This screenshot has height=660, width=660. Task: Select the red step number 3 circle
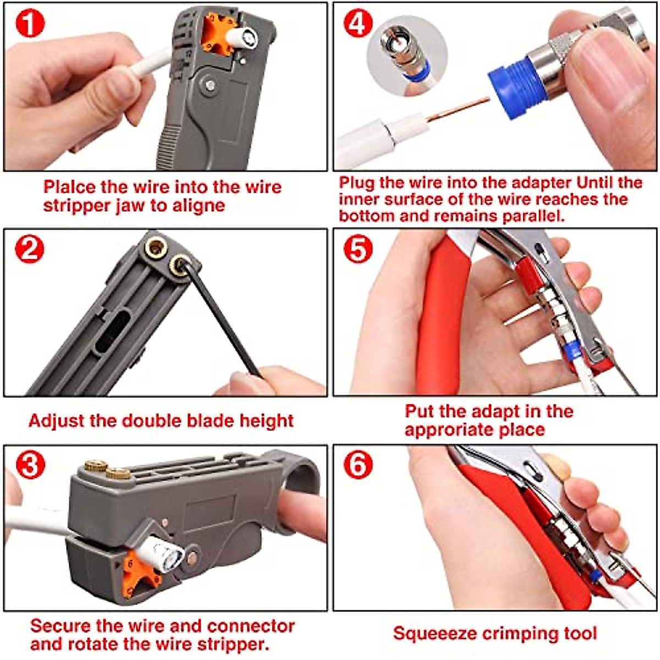tap(30, 465)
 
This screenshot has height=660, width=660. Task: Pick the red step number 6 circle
tap(358, 465)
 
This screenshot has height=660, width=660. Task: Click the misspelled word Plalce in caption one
tap(69, 187)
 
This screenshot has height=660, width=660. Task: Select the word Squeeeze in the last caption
tap(435, 634)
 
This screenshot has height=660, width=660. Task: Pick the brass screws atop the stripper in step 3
tap(107, 470)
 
